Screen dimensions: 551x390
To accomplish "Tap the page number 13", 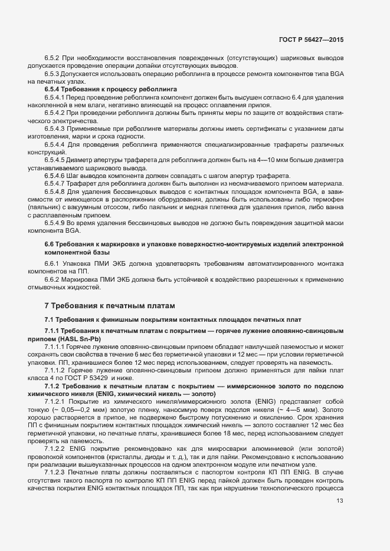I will coord(339,501).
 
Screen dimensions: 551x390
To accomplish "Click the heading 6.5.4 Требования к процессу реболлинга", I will coord(111,88).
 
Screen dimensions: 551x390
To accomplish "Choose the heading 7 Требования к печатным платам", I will coord(110,306).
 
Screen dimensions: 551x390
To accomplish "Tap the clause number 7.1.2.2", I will coord(57,450).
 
